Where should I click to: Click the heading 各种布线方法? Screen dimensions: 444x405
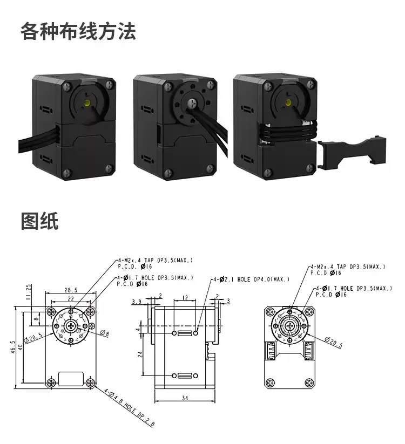[78, 31]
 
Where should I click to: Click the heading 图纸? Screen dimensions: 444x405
[39, 222]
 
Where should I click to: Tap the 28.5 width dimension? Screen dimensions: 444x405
[71, 290]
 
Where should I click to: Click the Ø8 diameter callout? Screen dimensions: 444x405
[104, 334]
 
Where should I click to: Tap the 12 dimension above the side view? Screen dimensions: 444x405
[185, 297]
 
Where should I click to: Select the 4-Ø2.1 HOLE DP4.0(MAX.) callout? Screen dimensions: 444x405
[251, 279]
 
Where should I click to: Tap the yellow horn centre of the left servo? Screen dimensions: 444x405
[86, 101]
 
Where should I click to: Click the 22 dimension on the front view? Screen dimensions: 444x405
[71, 298]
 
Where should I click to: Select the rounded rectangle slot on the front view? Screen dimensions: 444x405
[71, 378]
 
